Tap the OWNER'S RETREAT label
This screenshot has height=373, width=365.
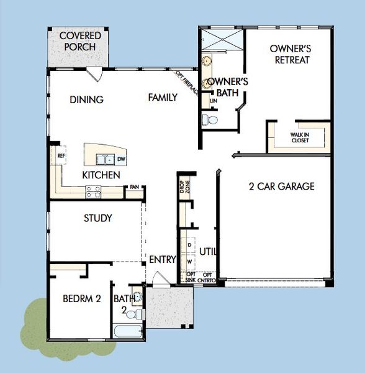[x=290, y=54]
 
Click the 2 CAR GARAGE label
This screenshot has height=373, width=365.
[x=282, y=186]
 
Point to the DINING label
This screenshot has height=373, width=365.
[x=86, y=99]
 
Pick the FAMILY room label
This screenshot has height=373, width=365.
[x=163, y=97]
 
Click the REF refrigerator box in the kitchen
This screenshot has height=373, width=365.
[x=61, y=157]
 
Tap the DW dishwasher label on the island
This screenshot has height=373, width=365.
[x=120, y=159]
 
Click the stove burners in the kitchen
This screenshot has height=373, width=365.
[x=93, y=192]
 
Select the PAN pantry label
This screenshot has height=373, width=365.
[x=134, y=187]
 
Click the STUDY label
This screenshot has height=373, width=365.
[x=98, y=218]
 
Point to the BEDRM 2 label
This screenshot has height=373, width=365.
[x=81, y=298]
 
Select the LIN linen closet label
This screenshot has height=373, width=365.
[x=214, y=100]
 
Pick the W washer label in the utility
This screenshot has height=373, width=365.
[x=189, y=262]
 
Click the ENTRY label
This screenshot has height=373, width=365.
[x=163, y=259]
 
